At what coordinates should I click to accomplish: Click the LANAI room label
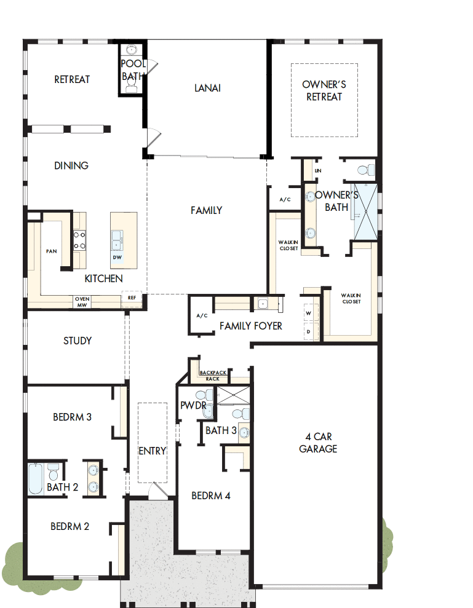click(x=207, y=88)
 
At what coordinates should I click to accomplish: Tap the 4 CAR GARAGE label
click(x=318, y=443)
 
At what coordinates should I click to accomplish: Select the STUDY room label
click(x=78, y=341)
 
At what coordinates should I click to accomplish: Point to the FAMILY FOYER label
click(x=251, y=326)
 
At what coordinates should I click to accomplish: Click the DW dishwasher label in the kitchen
click(x=117, y=258)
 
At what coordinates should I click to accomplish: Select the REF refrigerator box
click(x=132, y=297)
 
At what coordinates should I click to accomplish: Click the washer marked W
click(x=309, y=313)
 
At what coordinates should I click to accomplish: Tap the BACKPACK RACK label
click(x=213, y=376)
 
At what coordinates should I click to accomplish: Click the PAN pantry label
click(x=51, y=251)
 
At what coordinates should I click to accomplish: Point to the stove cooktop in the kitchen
click(x=79, y=240)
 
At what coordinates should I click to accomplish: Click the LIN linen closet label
click(x=317, y=171)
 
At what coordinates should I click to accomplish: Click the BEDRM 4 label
click(x=210, y=495)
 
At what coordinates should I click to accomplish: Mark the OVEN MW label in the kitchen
click(x=82, y=301)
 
